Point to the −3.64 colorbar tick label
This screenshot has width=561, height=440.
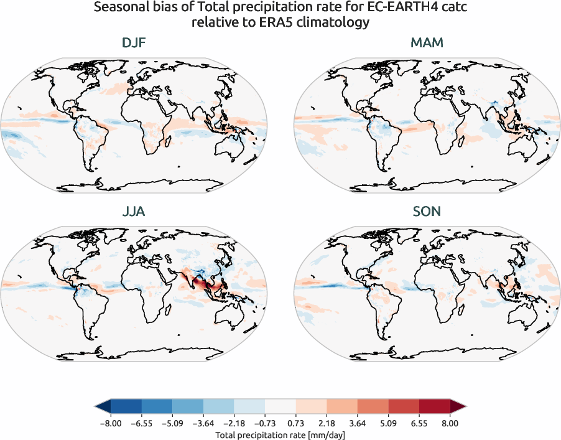(x=203, y=423)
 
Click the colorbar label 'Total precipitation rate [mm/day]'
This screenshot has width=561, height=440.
(x=280, y=434)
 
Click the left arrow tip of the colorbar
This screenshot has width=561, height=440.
(x=96, y=407)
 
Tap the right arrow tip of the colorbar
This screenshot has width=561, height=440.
(x=464, y=407)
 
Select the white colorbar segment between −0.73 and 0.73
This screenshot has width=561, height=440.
(x=280, y=407)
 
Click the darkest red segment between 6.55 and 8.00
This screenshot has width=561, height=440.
(x=435, y=407)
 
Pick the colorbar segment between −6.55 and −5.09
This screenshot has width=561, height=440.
(x=157, y=407)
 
